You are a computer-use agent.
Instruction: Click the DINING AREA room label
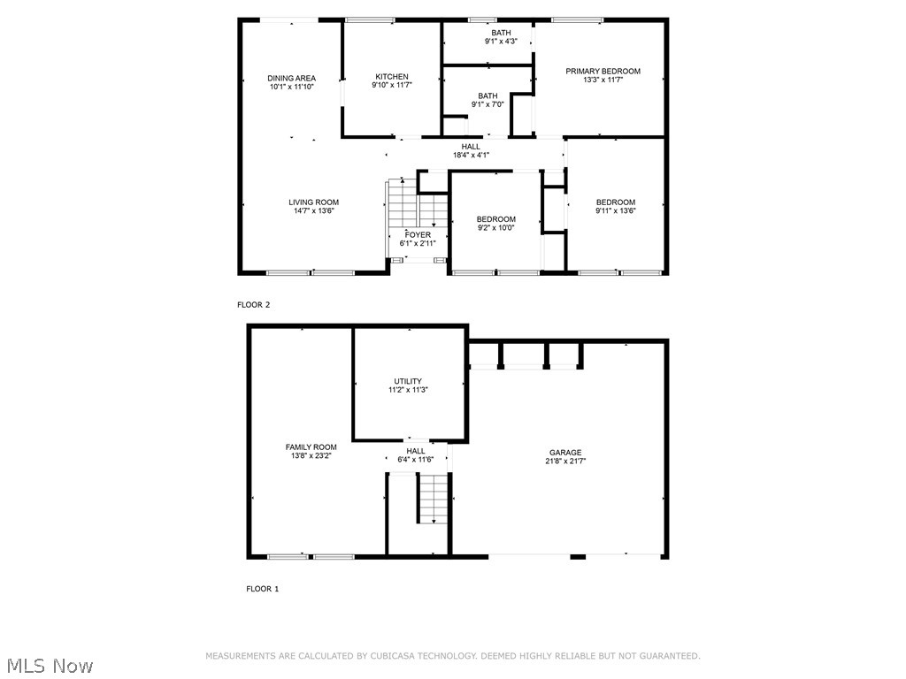tap(292, 79)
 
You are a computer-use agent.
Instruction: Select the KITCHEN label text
tap(391, 77)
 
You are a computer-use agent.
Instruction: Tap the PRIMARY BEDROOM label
tap(603, 72)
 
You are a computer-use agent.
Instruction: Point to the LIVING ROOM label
tap(313, 202)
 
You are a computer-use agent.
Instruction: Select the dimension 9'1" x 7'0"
tap(488, 104)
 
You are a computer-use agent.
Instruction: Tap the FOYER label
tap(418, 235)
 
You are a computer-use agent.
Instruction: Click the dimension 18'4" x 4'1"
tap(471, 155)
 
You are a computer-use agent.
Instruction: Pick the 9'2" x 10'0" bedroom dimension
tap(495, 228)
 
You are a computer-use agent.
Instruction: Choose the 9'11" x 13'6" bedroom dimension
tap(615, 210)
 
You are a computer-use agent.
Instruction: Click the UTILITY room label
tap(408, 381)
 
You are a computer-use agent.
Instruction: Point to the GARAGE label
tap(564, 453)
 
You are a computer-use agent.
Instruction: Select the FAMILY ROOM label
tap(311, 447)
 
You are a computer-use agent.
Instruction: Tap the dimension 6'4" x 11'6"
tap(415, 460)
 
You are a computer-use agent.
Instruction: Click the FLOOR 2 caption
tap(253, 305)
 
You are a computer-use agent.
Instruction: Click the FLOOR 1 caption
tap(262, 589)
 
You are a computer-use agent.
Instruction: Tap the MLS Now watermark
tap(49, 665)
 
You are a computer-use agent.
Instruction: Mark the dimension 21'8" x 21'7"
tap(564, 461)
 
